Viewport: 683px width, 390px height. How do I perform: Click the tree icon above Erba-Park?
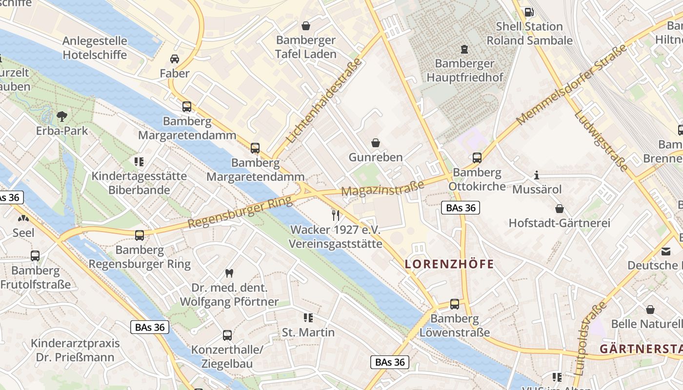pos(61,116)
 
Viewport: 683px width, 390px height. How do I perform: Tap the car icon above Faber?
pos(174,59)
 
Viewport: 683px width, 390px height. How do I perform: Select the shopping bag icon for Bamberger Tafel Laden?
pos(306,25)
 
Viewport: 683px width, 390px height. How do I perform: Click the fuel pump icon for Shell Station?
pos(529,12)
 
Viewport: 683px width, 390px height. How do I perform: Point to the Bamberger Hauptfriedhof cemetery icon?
pos(464,49)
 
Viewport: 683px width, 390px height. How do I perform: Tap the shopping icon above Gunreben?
pos(376,143)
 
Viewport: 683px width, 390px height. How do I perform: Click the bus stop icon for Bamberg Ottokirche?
pos(477,158)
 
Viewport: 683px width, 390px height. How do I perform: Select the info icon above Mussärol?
pos(537,175)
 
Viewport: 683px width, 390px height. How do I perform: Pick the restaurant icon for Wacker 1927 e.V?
pos(335,215)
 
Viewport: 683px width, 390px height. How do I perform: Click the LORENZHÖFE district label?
pos(449,264)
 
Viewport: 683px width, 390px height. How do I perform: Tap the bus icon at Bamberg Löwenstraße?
pos(455,304)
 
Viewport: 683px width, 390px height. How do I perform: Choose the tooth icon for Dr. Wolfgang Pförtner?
pos(229,273)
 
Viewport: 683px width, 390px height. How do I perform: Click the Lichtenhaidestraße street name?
pos(324,101)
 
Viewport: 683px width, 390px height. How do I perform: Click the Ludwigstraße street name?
pos(601,141)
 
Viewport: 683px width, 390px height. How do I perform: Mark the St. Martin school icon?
pos(308,318)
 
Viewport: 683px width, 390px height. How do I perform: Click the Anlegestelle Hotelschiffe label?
pos(95,48)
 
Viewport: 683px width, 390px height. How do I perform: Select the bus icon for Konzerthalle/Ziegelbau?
pos(227,335)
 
